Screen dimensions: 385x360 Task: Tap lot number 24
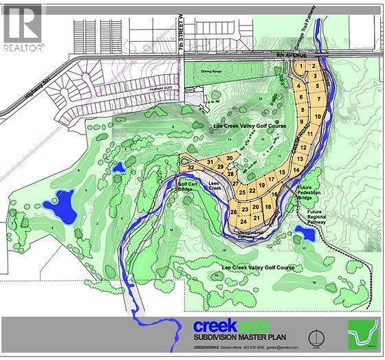pyautogui.click(x=243, y=221)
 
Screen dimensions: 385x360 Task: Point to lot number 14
pyautogui.click(x=296, y=169)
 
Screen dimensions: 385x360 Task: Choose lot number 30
pyautogui.click(x=229, y=158)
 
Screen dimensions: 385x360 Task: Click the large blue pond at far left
pyautogui.click(x=60, y=206)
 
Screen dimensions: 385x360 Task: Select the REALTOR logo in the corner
pyautogui.click(x=23, y=27)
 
